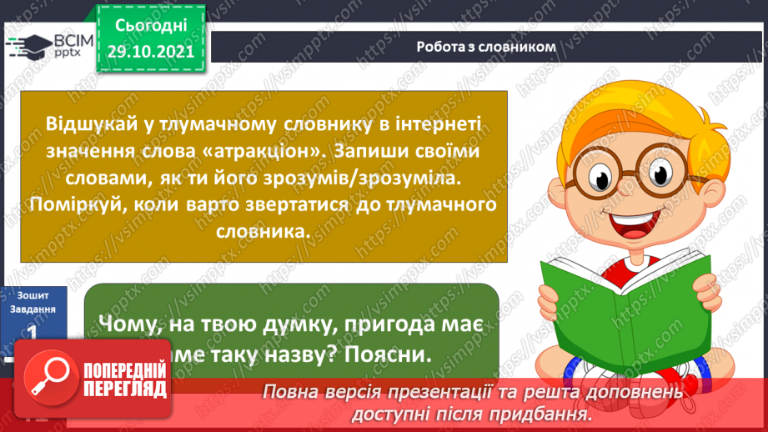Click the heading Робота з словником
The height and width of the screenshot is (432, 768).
tap(486, 47)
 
